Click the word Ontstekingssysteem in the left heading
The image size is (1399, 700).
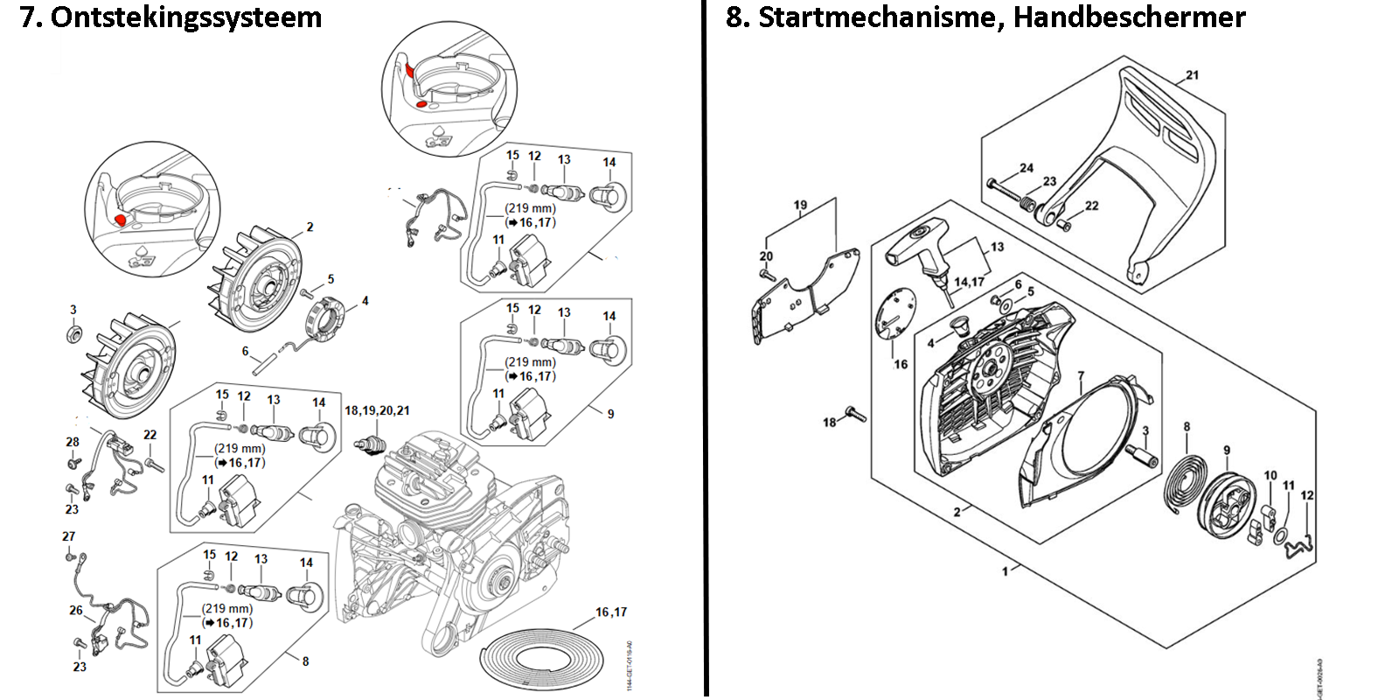pyautogui.click(x=186, y=17)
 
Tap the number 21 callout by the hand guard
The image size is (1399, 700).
pyautogui.click(x=1193, y=75)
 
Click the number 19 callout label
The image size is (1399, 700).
pyautogui.click(x=800, y=206)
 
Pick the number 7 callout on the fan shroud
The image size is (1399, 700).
pyautogui.click(x=1081, y=376)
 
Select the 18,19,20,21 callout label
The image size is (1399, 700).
pyautogui.click(x=377, y=410)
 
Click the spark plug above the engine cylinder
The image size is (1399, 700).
pyautogui.click(x=371, y=444)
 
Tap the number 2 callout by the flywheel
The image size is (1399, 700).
pyautogui.click(x=310, y=227)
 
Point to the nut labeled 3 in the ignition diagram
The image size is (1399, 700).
pyautogui.click(x=73, y=333)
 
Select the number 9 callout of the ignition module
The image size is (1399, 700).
pyautogui.click(x=610, y=414)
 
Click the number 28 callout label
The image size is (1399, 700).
pyautogui.click(x=73, y=442)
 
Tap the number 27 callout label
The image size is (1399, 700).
pyautogui.click(x=69, y=536)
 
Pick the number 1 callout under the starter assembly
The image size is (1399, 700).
pyautogui.click(x=1005, y=571)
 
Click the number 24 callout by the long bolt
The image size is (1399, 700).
pyautogui.click(x=1027, y=168)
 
